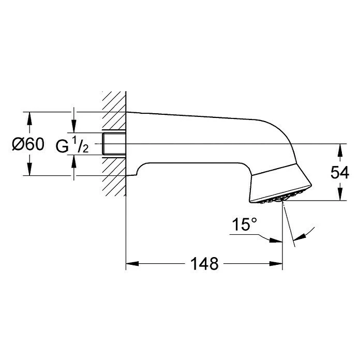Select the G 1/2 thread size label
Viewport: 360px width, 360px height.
pyautogui.click(x=73, y=146)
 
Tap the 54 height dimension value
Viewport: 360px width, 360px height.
pyautogui.click(x=339, y=172)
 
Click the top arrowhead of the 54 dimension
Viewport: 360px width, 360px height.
pyautogui.click(x=339, y=150)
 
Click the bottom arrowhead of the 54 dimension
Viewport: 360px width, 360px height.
pyautogui.click(x=339, y=194)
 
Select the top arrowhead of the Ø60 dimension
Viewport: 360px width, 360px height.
pyautogui.click(x=29, y=118)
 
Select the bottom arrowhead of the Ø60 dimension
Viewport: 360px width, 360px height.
pyautogui.click(x=29, y=169)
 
